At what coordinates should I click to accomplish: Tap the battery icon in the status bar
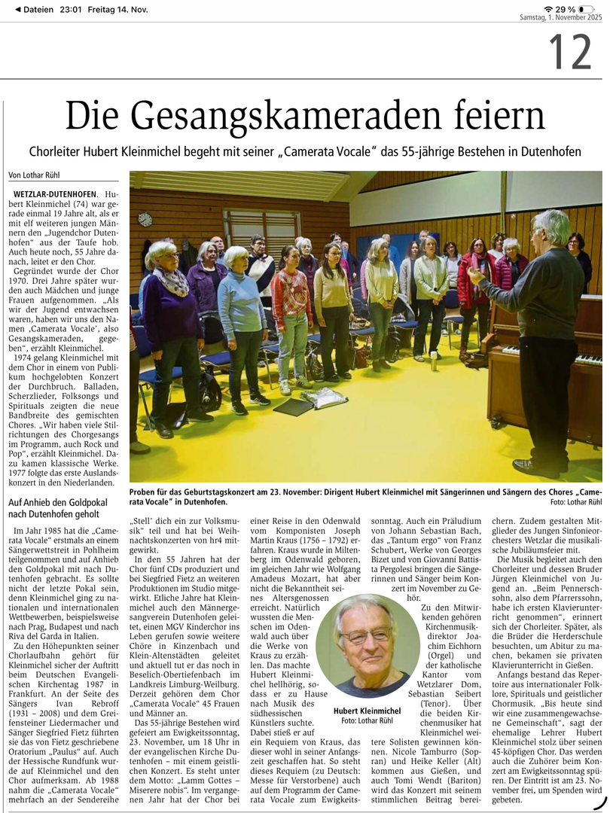point(586,8)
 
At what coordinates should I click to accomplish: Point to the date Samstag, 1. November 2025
point(561,18)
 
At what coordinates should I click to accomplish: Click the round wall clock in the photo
point(145,219)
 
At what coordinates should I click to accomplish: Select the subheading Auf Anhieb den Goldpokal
point(54,502)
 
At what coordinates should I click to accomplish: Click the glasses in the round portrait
point(364,636)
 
